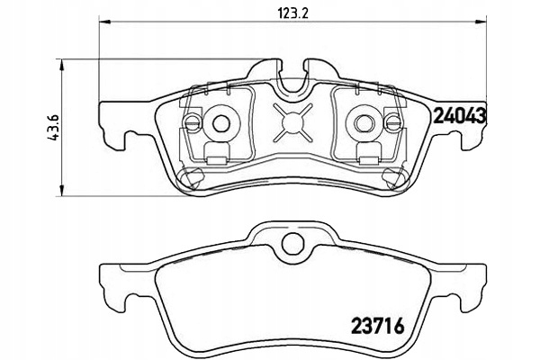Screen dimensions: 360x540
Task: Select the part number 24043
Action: click(461, 115)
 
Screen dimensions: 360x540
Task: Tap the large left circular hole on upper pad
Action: click(220, 121)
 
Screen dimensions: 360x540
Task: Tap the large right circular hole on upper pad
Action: click(365, 121)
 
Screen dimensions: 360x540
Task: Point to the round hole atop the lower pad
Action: click(292, 243)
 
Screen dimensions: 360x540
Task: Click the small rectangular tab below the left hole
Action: click(216, 155)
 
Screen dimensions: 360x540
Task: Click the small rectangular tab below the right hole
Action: click(370, 155)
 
